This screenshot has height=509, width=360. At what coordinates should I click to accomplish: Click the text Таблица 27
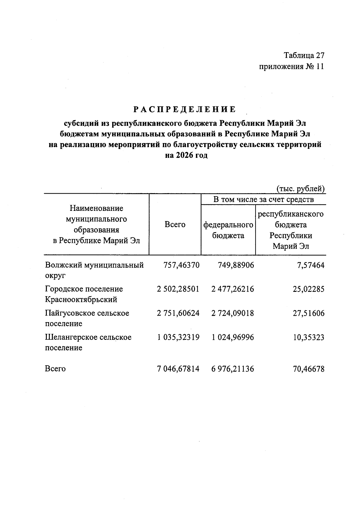[x=304, y=55]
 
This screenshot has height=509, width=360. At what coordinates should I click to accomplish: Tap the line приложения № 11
[x=291, y=66]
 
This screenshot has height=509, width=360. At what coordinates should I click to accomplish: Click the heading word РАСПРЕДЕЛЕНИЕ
[x=185, y=109]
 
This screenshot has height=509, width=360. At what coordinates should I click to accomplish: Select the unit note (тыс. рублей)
[x=300, y=189]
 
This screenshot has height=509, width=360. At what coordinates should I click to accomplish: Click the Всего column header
[x=175, y=224]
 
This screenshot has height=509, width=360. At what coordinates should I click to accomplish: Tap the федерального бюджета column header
[x=228, y=230]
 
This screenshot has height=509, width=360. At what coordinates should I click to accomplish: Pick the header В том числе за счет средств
[x=263, y=199]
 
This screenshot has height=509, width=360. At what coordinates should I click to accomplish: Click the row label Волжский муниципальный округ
[x=94, y=270]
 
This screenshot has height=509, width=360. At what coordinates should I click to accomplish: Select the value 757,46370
[x=181, y=265]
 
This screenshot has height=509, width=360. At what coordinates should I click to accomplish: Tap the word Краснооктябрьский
[x=81, y=299]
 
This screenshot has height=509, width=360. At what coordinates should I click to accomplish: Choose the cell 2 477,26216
[x=232, y=289]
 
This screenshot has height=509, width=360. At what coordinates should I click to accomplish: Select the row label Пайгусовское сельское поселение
[x=87, y=318]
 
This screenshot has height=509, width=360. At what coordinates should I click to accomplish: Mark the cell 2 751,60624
[x=178, y=313]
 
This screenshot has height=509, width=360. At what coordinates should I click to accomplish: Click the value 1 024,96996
[x=232, y=337]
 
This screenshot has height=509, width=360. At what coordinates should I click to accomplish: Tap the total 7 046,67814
[x=178, y=369]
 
